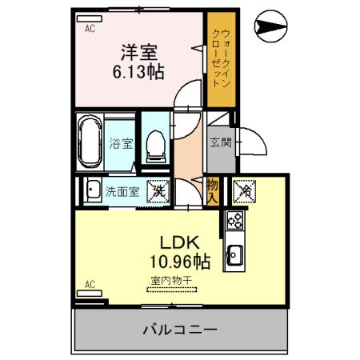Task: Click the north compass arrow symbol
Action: pyautogui.click(x=268, y=30)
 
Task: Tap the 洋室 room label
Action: pyautogui.click(x=138, y=54)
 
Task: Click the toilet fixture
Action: pyautogui.click(x=156, y=145)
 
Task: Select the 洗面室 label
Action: pyautogui.click(x=124, y=191)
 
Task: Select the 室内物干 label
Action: pyautogui.click(x=171, y=281)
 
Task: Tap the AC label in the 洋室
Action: pyautogui.click(x=90, y=26)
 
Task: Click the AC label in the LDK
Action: pyautogui.click(x=90, y=284)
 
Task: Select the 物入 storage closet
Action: pyautogui.click(x=212, y=191)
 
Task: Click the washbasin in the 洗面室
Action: pyautogui.click(x=89, y=191)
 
